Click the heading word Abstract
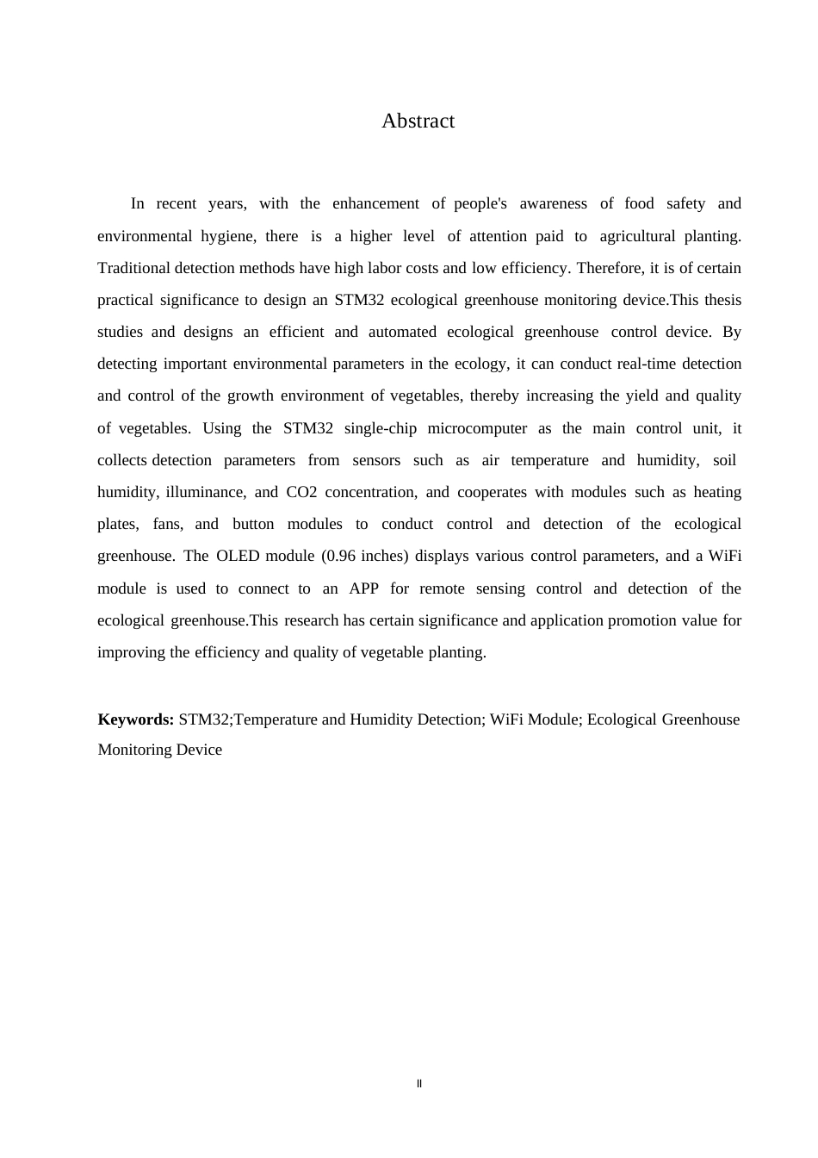(x=418, y=121)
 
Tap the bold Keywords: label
(x=136, y=719)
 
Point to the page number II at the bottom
(x=419, y=1084)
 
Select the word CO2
(x=301, y=493)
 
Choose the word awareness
(x=553, y=204)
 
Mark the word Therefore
(x=610, y=269)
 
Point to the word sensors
(x=375, y=461)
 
